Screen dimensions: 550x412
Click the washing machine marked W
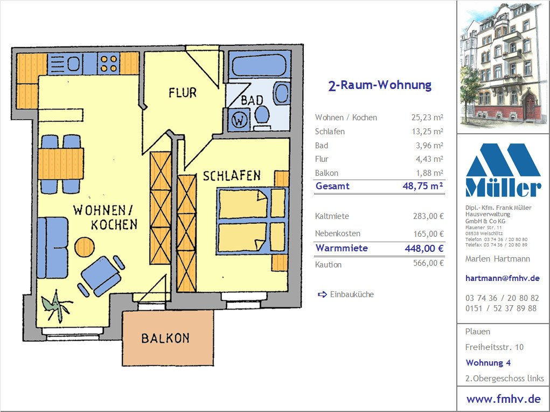[239, 120]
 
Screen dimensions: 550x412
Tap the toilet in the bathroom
[261, 118]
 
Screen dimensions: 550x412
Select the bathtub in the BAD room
[259, 64]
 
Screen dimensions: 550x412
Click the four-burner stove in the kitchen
[109, 63]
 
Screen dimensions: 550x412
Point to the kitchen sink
[65, 64]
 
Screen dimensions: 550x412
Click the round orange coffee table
[85, 247]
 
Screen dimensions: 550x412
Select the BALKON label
[165, 338]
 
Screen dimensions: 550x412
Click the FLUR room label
[183, 93]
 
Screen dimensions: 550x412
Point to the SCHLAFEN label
[232, 176]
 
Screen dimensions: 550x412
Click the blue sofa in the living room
[53, 248]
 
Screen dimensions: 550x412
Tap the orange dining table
[61, 164]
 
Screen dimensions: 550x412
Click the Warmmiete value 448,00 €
[424, 249]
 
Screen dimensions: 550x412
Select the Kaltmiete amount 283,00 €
[428, 216]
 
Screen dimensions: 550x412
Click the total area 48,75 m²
[423, 186]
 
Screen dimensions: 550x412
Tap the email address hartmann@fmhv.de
[502, 278]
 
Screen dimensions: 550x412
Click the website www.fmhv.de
[503, 399]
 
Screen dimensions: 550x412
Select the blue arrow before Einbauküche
[322, 294]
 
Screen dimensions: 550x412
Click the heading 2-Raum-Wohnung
[380, 85]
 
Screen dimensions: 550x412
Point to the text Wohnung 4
[488, 363]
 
